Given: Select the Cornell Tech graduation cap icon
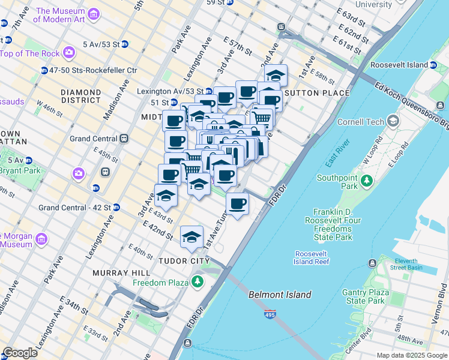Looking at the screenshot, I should coord(393,121).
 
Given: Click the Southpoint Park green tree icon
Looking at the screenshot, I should coord(366,181).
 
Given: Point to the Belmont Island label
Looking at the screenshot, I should coord(280,295).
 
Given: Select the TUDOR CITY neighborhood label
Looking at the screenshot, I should coord(184,262).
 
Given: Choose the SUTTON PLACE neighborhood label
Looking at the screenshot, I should coord(316,93).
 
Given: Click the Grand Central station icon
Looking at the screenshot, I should coord(124,138).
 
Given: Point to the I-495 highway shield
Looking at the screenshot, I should coord(268,314).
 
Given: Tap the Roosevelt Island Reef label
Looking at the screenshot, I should coord(311,257).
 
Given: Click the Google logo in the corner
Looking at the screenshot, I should coord(20,353).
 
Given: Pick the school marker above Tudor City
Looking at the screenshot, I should coord(191,236).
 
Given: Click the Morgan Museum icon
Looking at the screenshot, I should coord(41,239).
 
